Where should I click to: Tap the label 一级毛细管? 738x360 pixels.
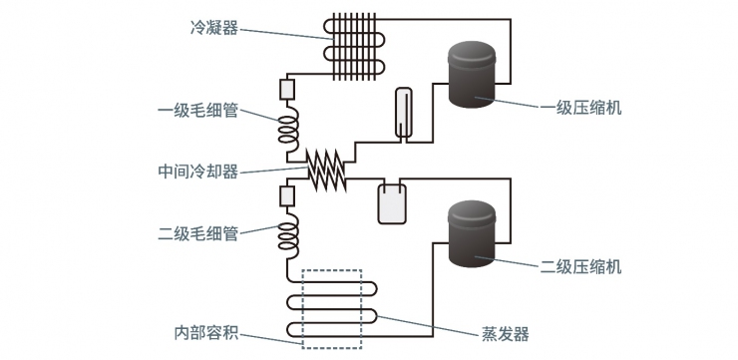[x=197, y=111]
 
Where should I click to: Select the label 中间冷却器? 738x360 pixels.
[x=197, y=171]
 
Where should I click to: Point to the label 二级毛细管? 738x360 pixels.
[x=197, y=234]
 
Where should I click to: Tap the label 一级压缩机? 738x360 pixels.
[x=581, y=108]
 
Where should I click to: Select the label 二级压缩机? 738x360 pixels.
[x=581, y=266]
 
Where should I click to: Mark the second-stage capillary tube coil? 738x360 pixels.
[x=287, y=235]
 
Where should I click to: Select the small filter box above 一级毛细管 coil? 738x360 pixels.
[x=287, y=90]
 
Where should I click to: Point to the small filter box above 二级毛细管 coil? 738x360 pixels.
[x=287, y=195]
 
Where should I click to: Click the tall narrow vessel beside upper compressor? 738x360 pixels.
[x=403, y=111]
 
